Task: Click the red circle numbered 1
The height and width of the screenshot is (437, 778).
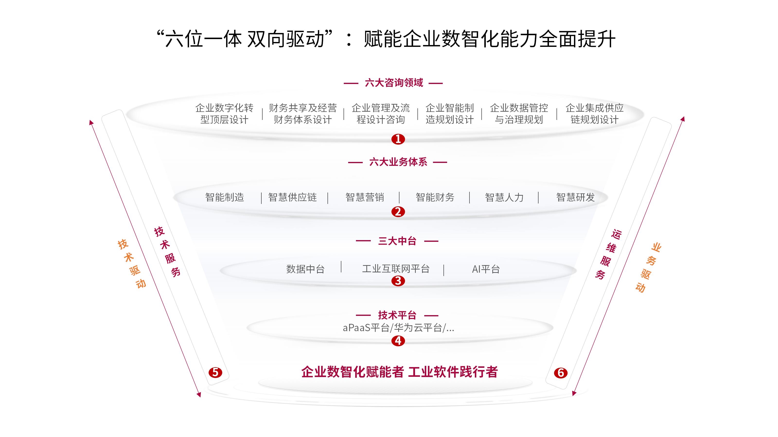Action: (x=398, y=139)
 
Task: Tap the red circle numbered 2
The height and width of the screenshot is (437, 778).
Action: (x=398, y=212)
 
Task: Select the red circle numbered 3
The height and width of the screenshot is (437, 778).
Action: (x=398, y=281)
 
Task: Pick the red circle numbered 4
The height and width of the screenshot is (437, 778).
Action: (x=398, y=341)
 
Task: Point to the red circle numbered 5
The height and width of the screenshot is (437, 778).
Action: (x=215, y=372)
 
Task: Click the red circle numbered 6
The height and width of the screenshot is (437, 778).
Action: (x=561, y=373)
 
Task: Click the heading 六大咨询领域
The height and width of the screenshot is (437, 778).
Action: (x=394, y=83)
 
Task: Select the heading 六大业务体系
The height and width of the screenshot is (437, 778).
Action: (x=398, y=162)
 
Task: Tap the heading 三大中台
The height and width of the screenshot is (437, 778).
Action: (x=397, y=241)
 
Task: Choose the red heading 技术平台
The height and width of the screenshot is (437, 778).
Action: (x=397, y=315)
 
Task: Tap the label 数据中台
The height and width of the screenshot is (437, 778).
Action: (x=305, y=269)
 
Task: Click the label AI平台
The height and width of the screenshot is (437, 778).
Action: (x=486, y=269)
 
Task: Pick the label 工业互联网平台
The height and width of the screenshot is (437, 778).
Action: (x=396, y=269)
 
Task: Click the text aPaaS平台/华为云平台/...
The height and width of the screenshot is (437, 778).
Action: (x=398, y=328)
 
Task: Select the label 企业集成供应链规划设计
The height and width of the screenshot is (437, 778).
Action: (x=594, y=114)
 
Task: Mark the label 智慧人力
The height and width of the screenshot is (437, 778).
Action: (x=504, y=198)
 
